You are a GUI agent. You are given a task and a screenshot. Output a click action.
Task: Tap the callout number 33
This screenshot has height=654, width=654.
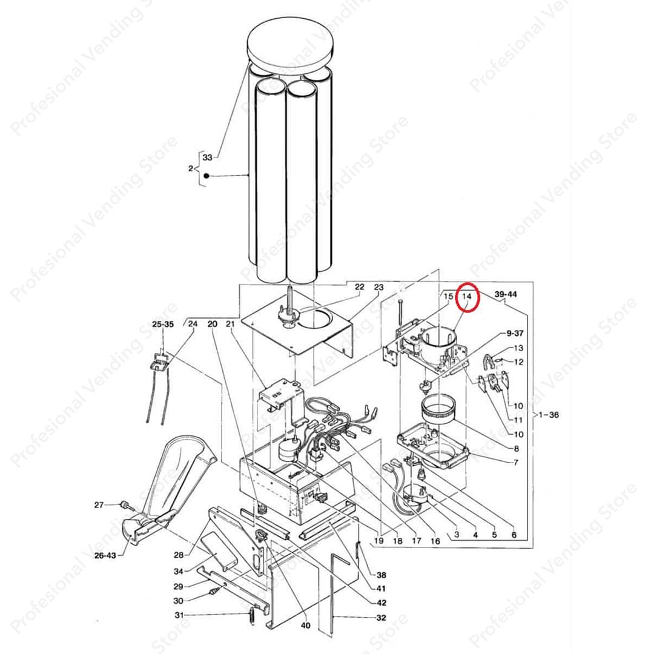click(207, 157)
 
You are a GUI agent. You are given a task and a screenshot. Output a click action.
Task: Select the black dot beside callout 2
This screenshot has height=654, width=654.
click(206, 176)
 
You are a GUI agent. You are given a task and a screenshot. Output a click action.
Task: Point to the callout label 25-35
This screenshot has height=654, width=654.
click(163, 324)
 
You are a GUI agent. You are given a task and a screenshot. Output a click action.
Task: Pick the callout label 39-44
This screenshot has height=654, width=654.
click(506, 294)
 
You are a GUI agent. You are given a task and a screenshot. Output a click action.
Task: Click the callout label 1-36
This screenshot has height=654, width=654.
click(549, 415)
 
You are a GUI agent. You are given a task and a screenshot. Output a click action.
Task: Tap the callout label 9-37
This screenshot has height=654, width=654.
click(515, 333)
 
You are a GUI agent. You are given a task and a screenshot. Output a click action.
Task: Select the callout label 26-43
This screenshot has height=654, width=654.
click(105, 555)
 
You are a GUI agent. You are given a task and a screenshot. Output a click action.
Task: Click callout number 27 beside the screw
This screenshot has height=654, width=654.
click(99, 505)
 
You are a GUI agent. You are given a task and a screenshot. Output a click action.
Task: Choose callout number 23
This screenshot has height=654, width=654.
click(378, 287)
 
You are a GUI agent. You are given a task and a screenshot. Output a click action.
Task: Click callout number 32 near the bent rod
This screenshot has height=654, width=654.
click(381, 618)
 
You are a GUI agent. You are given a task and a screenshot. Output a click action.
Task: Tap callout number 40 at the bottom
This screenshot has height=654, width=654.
click(306, 625)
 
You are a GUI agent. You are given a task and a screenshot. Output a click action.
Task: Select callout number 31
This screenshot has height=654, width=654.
click(179, 615)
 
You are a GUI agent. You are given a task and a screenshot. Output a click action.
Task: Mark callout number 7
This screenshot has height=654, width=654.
click(516, 462)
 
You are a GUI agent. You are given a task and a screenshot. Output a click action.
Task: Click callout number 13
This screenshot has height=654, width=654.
click(518, 348)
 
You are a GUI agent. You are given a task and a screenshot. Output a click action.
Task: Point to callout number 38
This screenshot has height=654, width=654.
click(381, 575)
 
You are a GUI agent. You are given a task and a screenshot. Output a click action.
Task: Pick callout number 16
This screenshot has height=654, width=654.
click(435, 541)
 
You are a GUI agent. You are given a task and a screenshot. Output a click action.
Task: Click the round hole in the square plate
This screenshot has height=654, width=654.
click(315, 319)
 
